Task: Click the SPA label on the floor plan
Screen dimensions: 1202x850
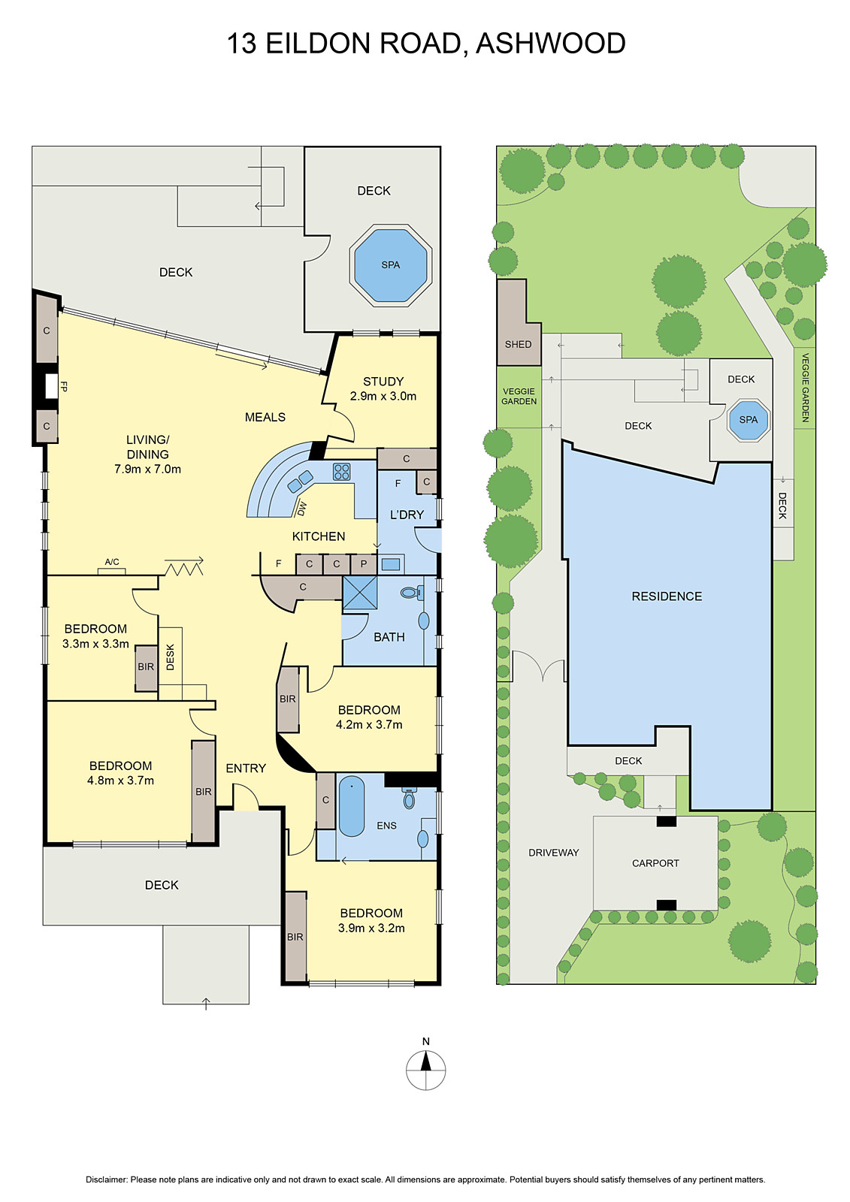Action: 390,265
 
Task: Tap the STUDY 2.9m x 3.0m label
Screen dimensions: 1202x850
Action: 383,388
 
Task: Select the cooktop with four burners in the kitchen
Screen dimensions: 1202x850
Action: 342,472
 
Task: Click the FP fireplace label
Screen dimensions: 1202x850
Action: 64,387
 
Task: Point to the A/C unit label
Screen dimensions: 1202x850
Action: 112,562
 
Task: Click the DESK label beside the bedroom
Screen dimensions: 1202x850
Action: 171,657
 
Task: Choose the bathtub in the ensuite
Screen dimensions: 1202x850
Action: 351,808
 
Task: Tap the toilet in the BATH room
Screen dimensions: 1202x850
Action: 411,593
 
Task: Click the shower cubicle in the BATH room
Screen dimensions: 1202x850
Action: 361,593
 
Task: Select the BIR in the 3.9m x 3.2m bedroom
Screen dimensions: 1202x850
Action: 295,937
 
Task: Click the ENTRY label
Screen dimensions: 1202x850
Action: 246,769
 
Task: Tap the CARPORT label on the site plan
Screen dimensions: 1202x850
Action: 655,863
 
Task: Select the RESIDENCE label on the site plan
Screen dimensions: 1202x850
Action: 667,596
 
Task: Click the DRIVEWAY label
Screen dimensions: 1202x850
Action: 553,853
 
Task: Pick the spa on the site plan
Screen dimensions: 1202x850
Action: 749,420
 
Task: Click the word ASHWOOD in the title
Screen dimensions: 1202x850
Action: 551,44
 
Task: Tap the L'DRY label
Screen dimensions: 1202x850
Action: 407,515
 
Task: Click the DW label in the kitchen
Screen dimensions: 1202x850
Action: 302,509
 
